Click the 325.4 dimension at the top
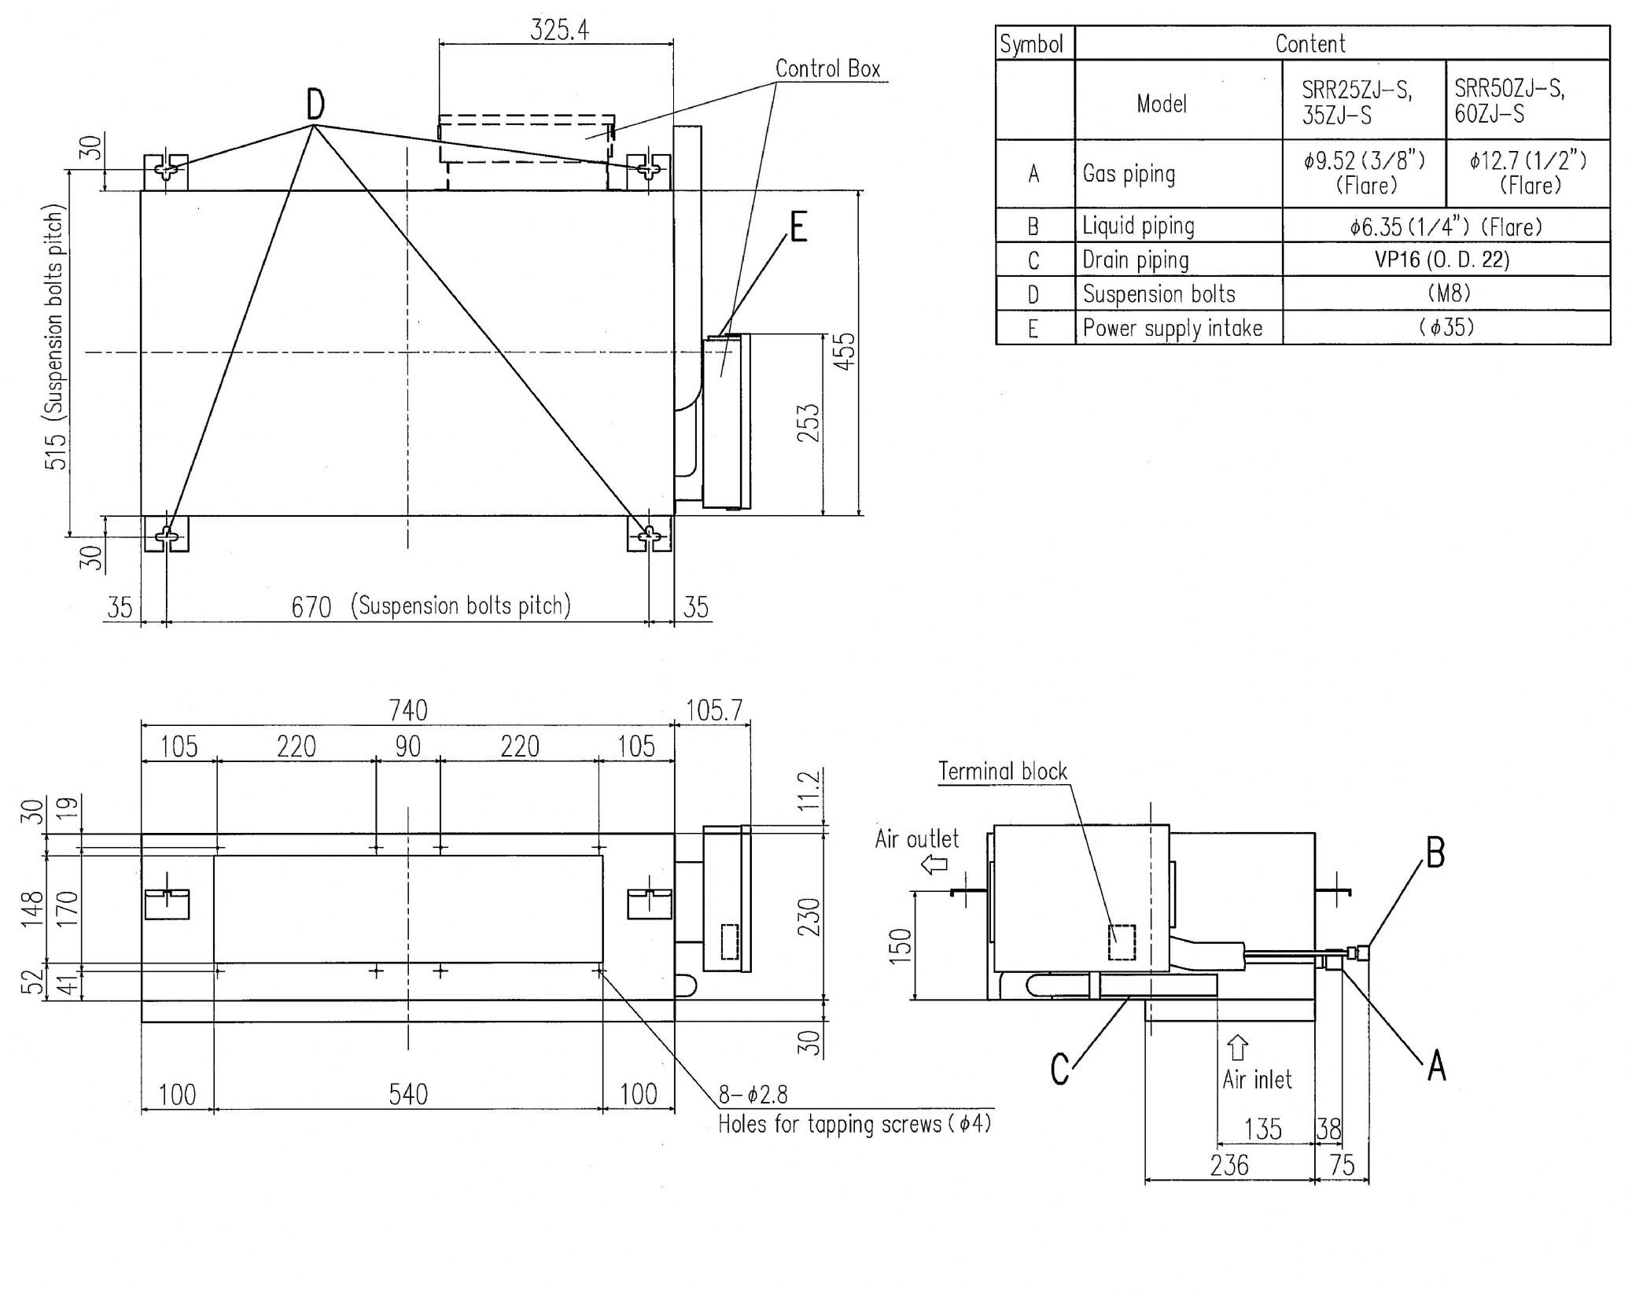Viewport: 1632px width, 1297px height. click(559, 30)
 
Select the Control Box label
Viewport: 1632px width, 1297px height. click(827, 69)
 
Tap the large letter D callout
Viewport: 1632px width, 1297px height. click(315, 105)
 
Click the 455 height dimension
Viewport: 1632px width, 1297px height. click(844, 352)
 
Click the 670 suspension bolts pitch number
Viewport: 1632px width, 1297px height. click(311, 607)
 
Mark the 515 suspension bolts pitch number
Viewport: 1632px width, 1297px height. click(56, 451)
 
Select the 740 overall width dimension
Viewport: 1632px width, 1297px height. click(408, 711)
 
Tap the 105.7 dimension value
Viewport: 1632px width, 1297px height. click(714, 711)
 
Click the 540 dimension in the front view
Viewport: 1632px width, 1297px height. click(408, 1094)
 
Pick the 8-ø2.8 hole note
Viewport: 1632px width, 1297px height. click(753, 1094)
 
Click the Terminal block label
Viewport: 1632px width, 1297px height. click(1003, 772)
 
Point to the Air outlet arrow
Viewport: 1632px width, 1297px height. click(935, 865)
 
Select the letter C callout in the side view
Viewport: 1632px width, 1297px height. click(1060, 1070)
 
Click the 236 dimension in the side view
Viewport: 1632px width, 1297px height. click(1229, 1165)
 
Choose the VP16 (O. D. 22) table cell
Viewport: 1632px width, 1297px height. click(1442, 260)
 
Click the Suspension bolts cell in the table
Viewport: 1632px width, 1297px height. click(1159, 294)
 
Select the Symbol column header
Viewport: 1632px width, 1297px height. click(1031, 44)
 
